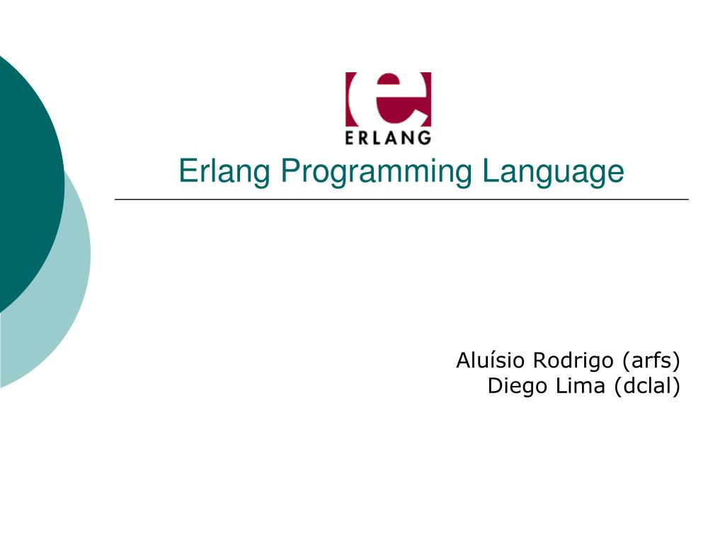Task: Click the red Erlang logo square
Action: tap(388, 99)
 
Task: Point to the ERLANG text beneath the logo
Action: tap(388, 137)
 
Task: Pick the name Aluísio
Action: tap(491, 361)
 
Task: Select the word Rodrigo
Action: tap(573, 361)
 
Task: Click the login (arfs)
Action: tap(651, 361)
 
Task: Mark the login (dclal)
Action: tap(646, 387)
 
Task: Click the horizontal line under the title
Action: tap(401, 200)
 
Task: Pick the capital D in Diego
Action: tap(495, 387)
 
